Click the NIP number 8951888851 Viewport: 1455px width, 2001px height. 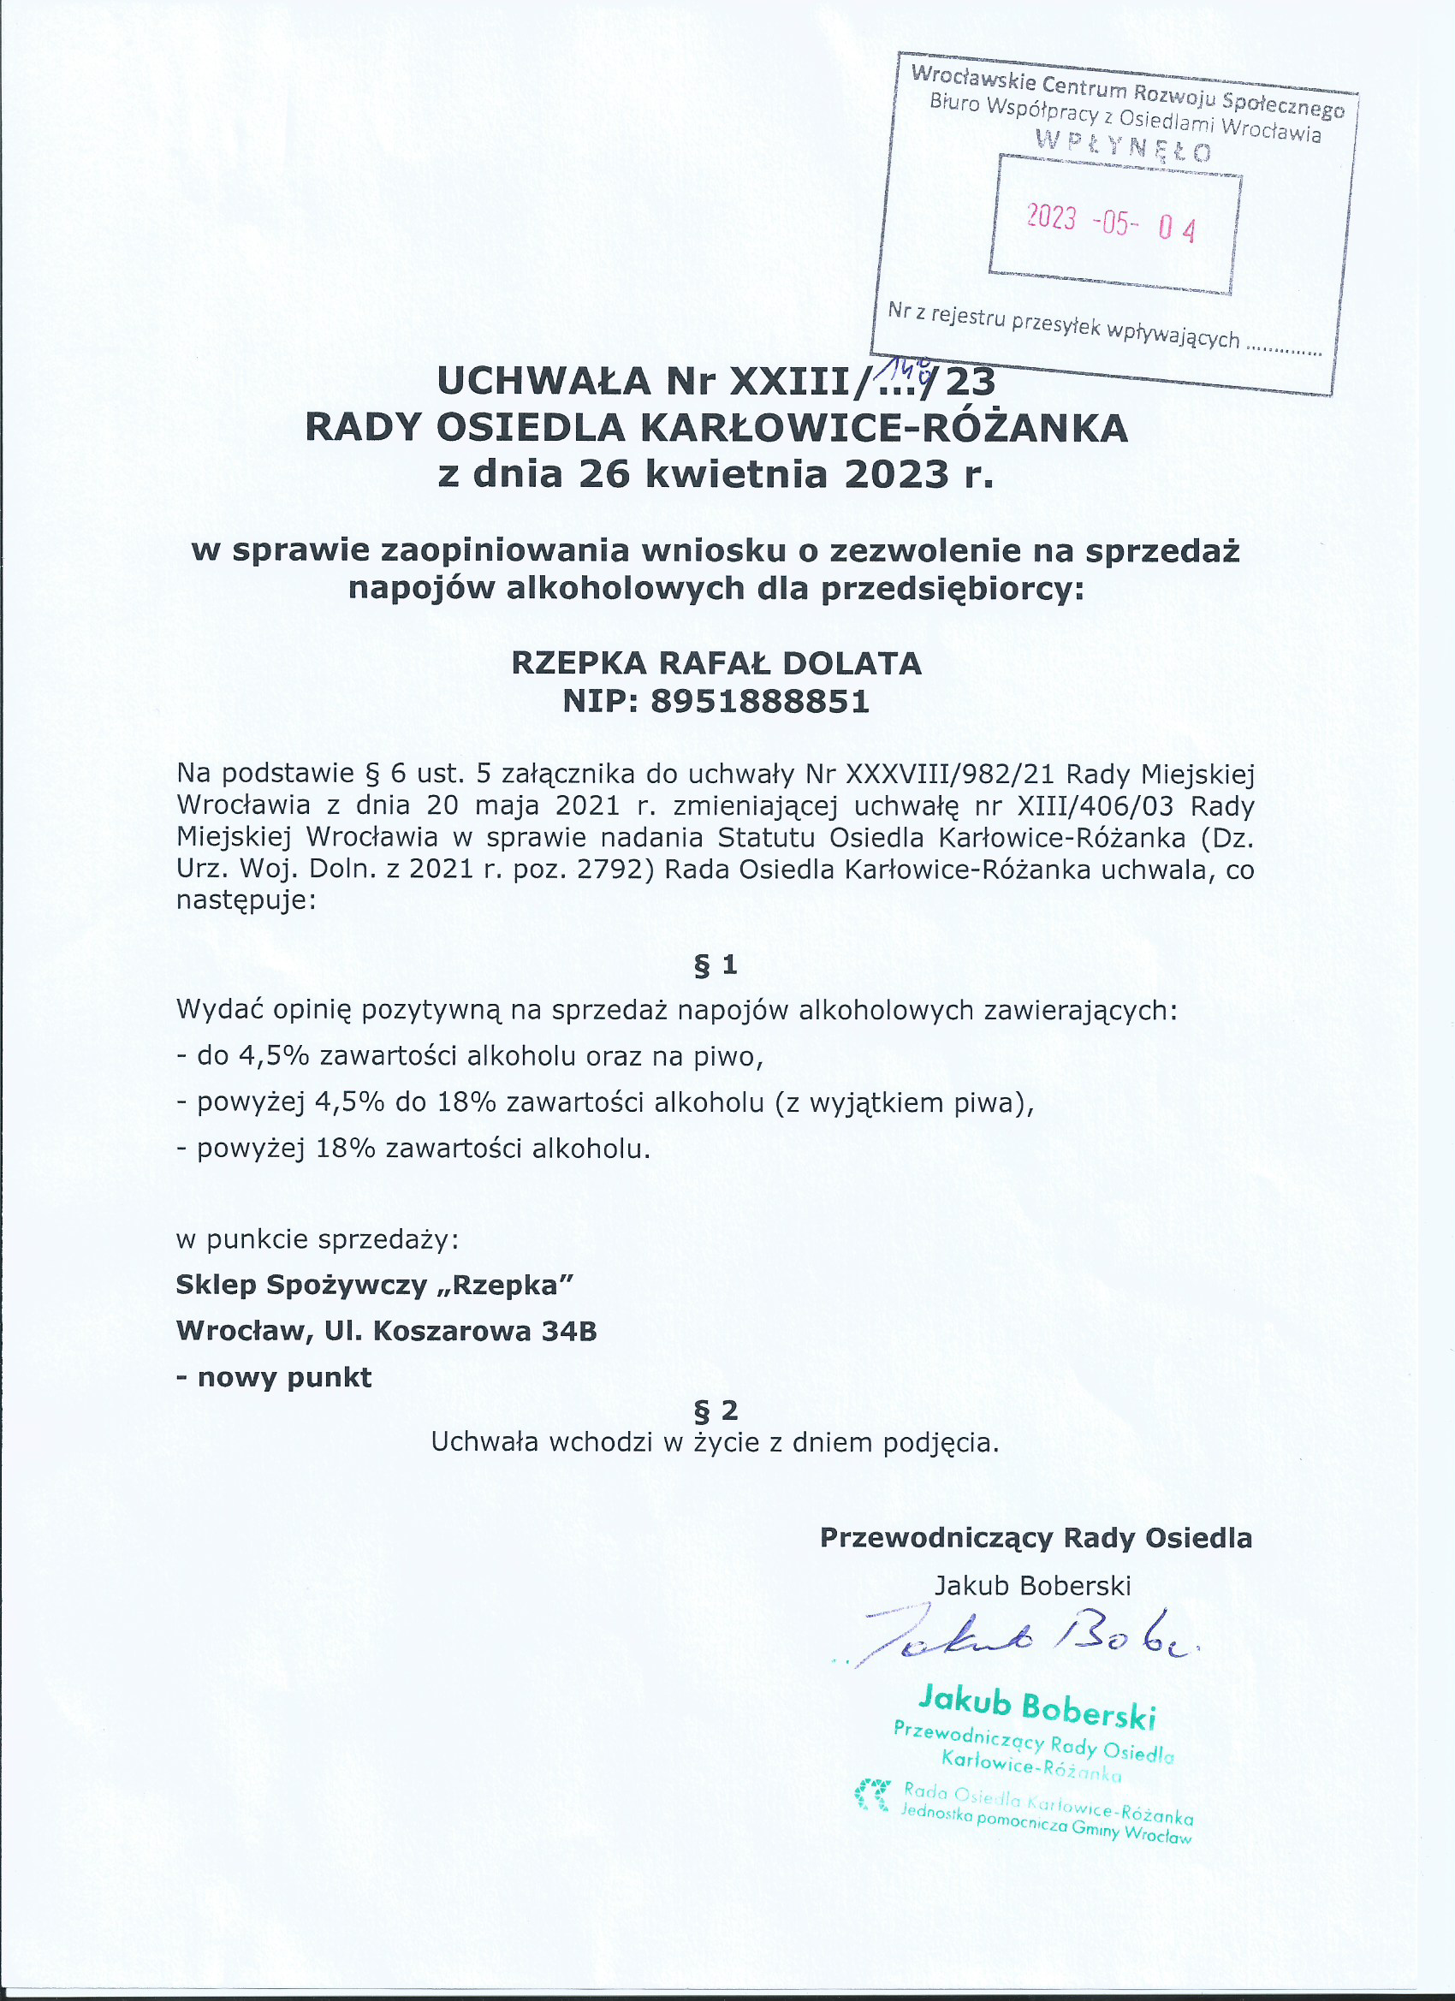click(760, 702)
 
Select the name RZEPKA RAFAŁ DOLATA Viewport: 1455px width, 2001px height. click(716, 662)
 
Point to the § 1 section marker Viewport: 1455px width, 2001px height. click(716, 965)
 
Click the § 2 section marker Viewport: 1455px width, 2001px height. click(716, 1410)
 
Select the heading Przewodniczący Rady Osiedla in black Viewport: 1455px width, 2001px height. click(1036, 1538)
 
